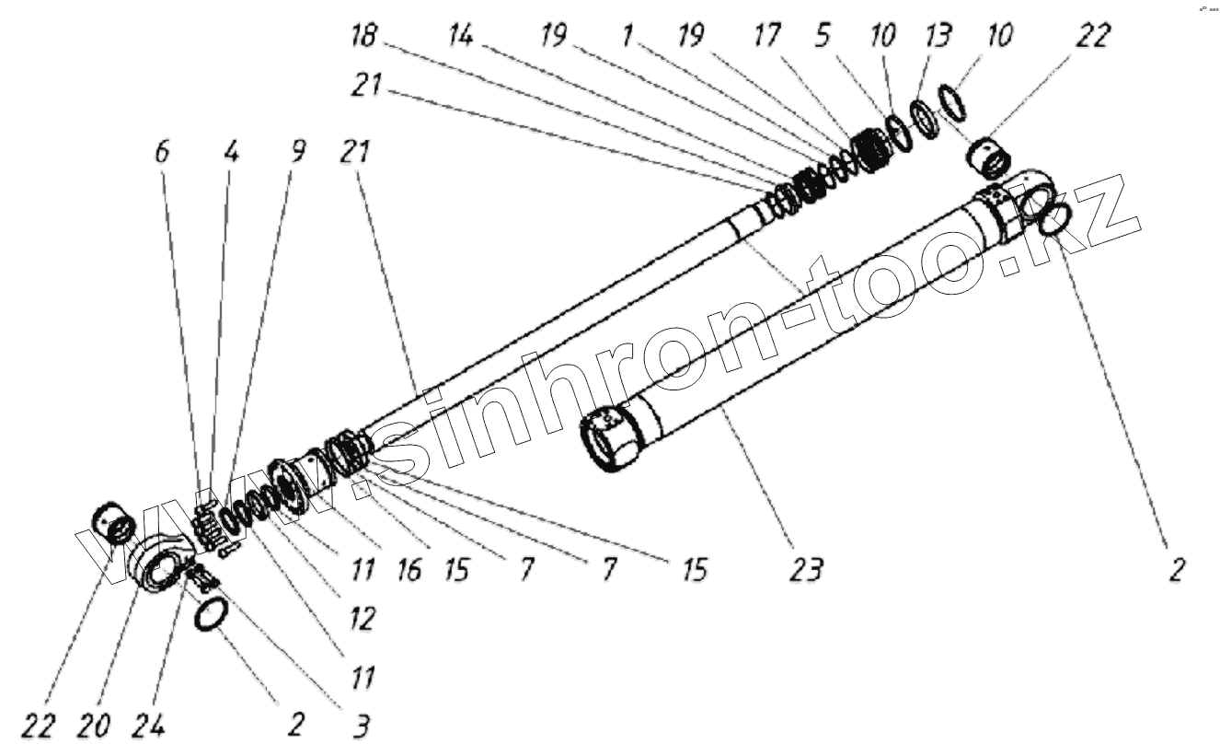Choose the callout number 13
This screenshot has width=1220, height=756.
pos(936,38)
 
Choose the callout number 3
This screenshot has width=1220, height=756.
pos(361,727)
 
